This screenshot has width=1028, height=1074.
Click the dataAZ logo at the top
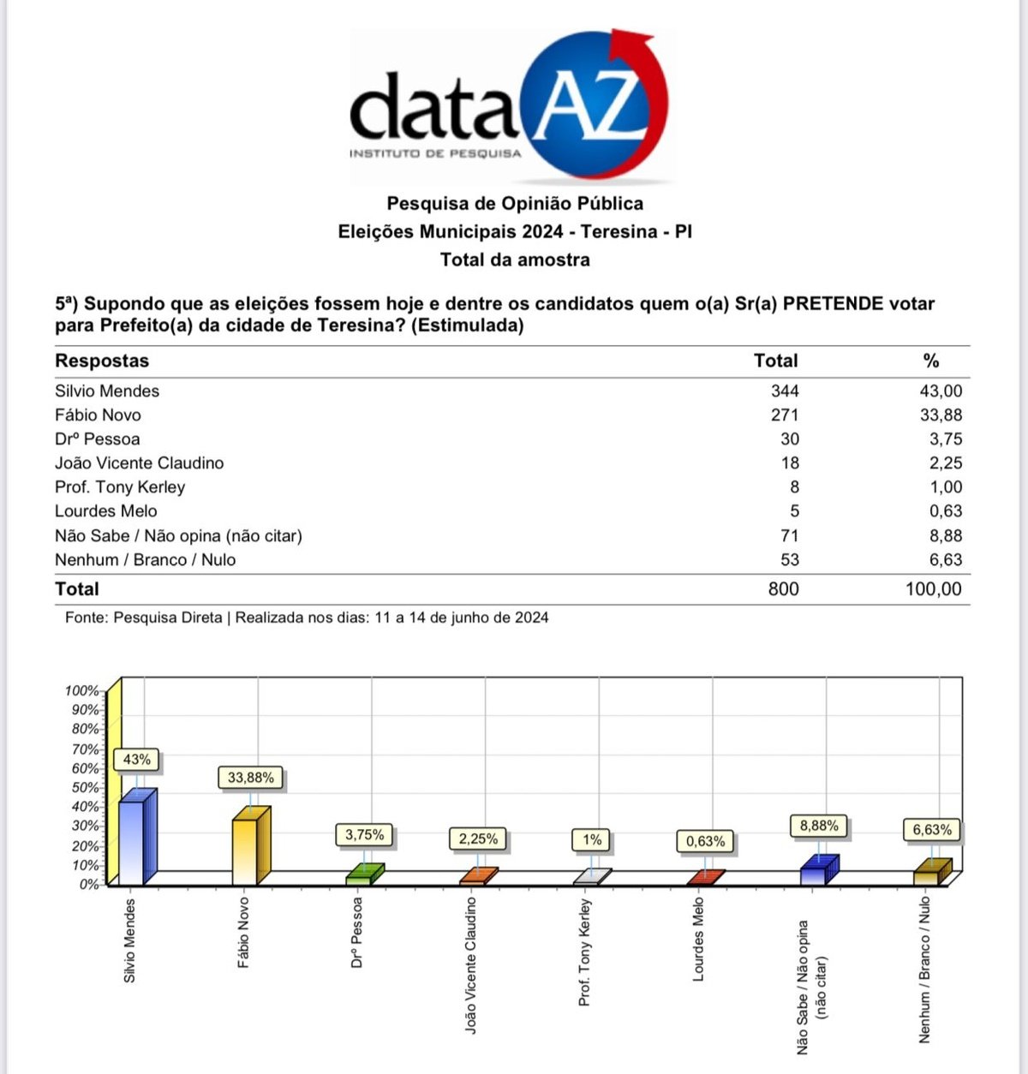coord(509,107)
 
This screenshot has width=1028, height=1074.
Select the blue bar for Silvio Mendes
coord(134,839)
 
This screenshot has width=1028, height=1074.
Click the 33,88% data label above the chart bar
coord(251,778)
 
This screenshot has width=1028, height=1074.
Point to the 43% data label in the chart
coord(137,760)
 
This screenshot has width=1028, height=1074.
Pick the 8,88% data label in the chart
coord(819,826)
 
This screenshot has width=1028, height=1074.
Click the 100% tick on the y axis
coord(82,690)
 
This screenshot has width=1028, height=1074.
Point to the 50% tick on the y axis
coord(86,787)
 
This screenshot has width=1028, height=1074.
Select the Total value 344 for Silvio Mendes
coord(784,391)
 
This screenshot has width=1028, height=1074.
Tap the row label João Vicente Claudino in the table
coord(140,463)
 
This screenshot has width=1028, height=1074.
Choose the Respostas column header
coord(102,361)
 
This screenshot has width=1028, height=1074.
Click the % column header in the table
coord(931,361)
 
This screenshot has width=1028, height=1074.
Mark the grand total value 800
coord(783,589)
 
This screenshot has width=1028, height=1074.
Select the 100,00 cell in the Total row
coord(933,589)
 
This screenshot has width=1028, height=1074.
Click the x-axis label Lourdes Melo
coord(698,939)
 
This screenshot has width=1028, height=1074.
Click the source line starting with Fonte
coord(307,618)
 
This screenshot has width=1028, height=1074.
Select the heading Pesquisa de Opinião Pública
coord(515,204)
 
